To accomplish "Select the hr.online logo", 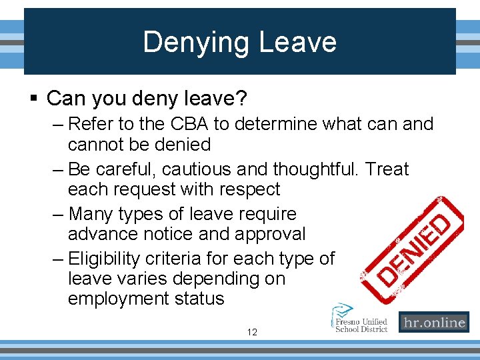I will coord(433,323).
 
